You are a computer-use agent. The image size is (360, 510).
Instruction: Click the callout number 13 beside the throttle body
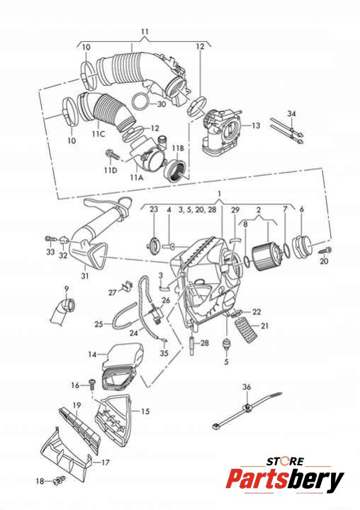click(256, 126)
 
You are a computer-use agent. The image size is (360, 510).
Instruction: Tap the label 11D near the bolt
click(111, 170)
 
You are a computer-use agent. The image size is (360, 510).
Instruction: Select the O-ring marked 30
click(140, 101)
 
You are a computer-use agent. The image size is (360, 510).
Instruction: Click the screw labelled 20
click(325, 250)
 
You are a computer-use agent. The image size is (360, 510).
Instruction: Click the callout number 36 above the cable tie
click(247, 387)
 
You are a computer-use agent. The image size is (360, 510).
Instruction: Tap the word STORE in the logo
click(286, 461)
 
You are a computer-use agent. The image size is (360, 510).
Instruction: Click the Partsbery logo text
click(285, 479)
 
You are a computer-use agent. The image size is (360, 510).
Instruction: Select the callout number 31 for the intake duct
click(85, 276)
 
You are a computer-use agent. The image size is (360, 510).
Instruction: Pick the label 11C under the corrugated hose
click(98, 133)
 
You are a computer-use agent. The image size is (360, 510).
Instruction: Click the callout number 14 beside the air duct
click(93, 354)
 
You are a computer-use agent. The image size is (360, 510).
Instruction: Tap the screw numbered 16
click(91, 384)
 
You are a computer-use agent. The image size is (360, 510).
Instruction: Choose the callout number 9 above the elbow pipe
click(67, 289)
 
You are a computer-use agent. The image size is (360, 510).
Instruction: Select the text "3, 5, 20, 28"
click(197, 209)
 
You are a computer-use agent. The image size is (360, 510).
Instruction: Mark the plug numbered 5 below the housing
click(226, 344)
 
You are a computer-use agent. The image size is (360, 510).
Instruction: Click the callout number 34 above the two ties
click(291, 113)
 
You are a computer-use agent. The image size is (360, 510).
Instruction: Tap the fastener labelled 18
click(59, 480)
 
